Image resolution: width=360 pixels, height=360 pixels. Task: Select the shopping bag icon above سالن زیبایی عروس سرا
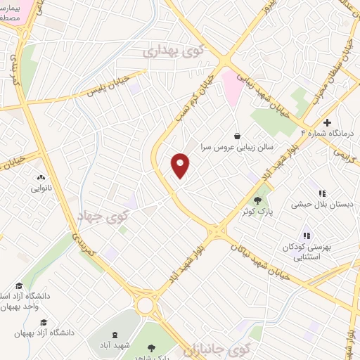point(238,136)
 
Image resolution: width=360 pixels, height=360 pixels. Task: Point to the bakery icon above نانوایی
point(40,178)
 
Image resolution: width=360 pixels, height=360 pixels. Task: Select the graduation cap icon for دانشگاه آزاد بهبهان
point(44,321)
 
